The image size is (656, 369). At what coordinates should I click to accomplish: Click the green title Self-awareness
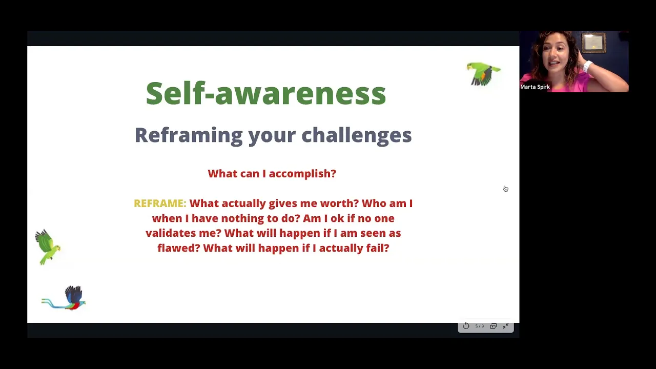tap(266, 93)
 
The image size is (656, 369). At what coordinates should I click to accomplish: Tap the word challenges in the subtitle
tap(356, 135)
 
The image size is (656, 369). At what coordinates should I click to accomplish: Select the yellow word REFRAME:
tap(160, 203)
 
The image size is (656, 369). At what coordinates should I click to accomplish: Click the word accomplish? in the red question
tap(302, 174)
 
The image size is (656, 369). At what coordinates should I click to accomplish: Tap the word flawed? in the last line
tap(179, 248)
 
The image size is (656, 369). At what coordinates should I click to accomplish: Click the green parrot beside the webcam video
tap(483, 73)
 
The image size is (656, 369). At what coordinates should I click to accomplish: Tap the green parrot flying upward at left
tap(48, 248)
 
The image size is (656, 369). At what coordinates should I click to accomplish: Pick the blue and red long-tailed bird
tap(65, 298)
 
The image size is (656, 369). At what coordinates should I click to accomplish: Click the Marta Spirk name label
tap(535, 87)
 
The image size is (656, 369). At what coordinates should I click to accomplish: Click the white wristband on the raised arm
tap(587, 66)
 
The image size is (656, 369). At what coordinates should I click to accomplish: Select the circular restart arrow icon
tap(466, 326)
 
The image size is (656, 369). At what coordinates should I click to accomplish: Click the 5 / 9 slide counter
tap(480, 326)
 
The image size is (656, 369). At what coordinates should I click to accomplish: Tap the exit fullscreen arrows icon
tap(506, 326)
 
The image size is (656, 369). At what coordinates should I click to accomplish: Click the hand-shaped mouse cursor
tap(505, 189)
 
